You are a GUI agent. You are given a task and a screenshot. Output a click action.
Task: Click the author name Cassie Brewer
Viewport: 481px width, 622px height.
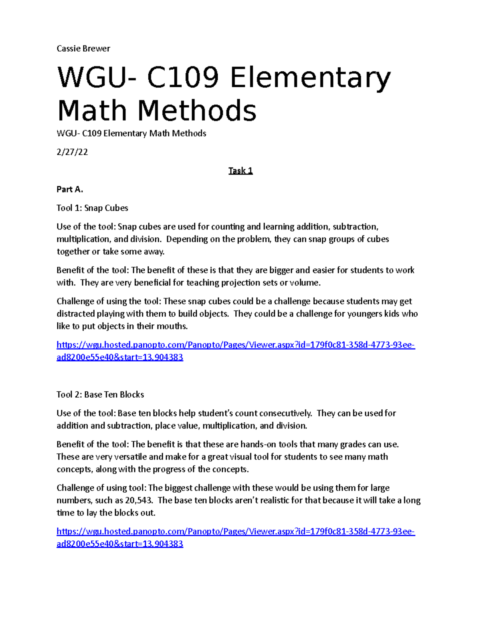point(83,49)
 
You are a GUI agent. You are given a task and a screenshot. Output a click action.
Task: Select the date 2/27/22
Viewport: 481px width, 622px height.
point(72,152)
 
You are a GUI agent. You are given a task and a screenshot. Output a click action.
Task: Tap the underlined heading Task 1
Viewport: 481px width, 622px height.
point(240,171)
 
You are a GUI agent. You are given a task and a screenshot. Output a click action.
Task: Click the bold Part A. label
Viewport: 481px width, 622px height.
point(70,189)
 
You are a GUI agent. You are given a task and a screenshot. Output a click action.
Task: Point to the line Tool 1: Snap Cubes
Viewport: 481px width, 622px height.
point(92,208)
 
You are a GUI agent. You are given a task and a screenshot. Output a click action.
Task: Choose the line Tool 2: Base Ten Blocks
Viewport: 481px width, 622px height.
point(100,395)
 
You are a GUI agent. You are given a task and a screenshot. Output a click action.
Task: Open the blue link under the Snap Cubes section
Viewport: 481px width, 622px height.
point(236,345)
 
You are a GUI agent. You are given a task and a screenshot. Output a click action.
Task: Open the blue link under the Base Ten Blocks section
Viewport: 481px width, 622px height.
point(236,532)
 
